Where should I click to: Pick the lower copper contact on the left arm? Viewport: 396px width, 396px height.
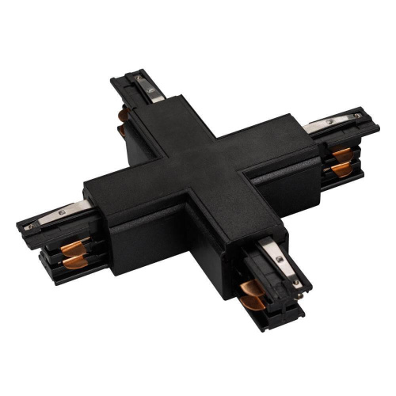[x=74, y=261]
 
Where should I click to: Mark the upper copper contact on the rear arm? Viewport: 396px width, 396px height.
[x=123, y=116]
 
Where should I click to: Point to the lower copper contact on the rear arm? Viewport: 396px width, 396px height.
[x=123, y=131]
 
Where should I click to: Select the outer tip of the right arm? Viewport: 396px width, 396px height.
[x=379, y=135]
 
